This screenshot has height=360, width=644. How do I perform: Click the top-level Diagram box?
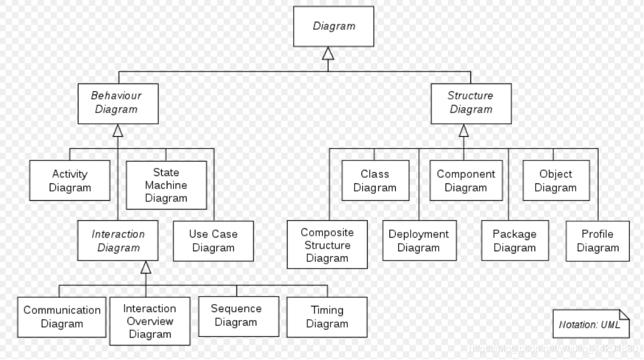pyautogui.click(x=334, y=26)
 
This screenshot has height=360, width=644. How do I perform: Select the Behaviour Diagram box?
pyautogui.click(x=118, y=103)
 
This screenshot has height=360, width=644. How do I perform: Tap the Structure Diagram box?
pyautogui.click(x=471, y=103)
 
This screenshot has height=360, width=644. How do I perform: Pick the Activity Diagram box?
pyautogui.click(x=70, y=181)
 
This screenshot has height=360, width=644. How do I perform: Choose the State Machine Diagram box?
pyautogui.click(x=166, y=185)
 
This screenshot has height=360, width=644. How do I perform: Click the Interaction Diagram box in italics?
pyautogui.click(x=118, y=241)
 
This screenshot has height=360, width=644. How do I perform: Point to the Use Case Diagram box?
pyautogui.click(x=213, y=241)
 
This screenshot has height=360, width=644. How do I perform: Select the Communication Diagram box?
pyautogui.click(x=62, y=317)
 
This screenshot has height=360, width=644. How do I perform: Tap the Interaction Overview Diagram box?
pyautogui.click(x=149, y=321)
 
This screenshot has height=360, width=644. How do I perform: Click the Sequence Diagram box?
pyautogui.click(x=236, y=316)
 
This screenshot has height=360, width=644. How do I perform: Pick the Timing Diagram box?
pyautogui.click(x=327, y=317)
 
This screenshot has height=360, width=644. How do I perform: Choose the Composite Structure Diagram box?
pyautogui.click(x=327, y=245)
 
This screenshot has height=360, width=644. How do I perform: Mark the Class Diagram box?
pyautogui.click(x=375, y=181)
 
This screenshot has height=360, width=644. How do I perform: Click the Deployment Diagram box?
pyautogui.click(x=419, y=241)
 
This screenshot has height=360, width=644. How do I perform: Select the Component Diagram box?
pyautogui.click(x=466, y=181)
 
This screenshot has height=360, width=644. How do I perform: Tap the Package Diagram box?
pyautogui.click(x=515, y=241)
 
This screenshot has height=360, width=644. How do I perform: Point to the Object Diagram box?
pyautogui.click(x=556, y=181)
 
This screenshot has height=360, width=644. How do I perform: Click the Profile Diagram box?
pyautogui.click(x=597, y=241)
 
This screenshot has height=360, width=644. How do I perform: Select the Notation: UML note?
pyautogui.click(x=590, y=324)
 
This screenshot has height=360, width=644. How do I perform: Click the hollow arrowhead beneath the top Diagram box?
pyautogui.click(x=328, y=53)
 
